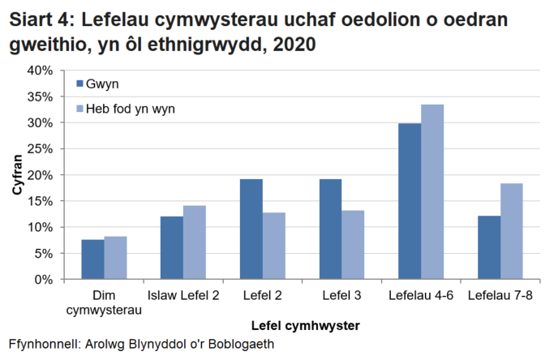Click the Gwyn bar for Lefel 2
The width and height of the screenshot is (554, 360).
[251, 229]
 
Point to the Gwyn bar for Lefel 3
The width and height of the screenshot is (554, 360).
[330, 229]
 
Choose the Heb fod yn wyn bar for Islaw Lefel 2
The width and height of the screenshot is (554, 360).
[194, 242]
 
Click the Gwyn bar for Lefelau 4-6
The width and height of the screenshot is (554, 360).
[410, 201]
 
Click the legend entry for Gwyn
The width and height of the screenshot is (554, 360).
[102, 84]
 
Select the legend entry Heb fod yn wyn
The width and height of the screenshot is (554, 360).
[130, 109]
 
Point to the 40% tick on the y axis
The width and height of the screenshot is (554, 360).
[40, 71]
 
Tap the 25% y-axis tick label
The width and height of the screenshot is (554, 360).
[40, 149]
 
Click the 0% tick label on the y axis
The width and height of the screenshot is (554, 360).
[43, 280]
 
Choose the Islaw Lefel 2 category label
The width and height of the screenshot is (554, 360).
[183, 295]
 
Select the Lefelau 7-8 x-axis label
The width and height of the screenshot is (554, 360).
[500, 295]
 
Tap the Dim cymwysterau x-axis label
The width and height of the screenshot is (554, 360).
[104, 302]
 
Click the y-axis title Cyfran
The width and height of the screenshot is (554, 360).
[16, 175]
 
